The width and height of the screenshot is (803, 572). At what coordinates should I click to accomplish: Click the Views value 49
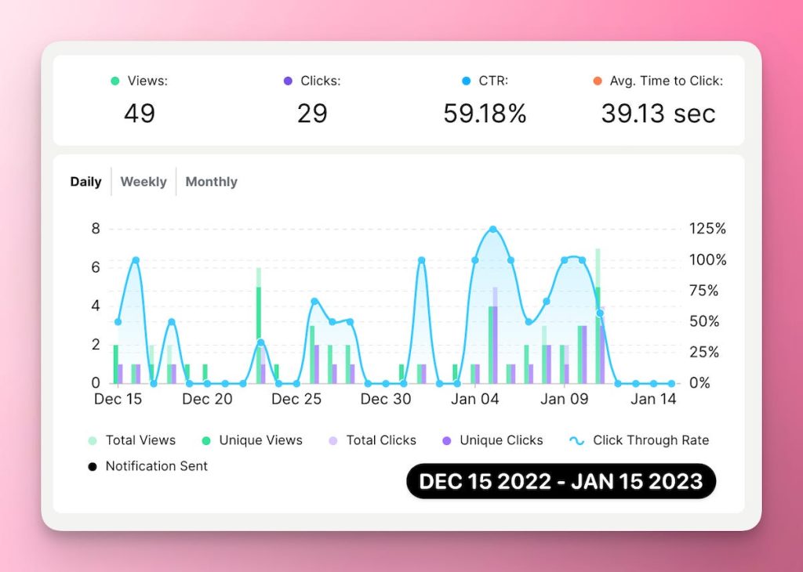click(x=140, y=114)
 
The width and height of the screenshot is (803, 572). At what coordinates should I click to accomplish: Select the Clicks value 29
click(x=312, y=114)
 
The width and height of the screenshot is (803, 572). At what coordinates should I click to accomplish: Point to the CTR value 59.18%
click(x=485, y=114)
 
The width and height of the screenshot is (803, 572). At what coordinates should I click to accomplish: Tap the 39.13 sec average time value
click(x=658, y=114)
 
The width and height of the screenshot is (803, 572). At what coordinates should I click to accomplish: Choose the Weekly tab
click(x=144, y=182)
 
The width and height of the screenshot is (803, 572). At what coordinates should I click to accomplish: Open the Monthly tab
click(x=211, y=182)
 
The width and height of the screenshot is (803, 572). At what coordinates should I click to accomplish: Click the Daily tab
click(x=85, y=182)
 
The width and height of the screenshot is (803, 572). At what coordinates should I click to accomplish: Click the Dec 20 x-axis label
click(x=207, y=399)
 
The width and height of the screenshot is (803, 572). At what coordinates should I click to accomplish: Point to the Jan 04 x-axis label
click(x=475, y=399)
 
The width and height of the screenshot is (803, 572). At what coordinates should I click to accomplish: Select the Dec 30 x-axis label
click(x=386, y=399)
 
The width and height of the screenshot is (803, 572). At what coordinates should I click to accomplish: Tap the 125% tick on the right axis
click(x=707, y=229)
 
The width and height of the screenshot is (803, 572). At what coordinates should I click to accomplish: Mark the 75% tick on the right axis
click(x=703, y=291)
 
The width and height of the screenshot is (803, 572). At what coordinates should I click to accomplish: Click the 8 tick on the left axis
click(x=96, y=229)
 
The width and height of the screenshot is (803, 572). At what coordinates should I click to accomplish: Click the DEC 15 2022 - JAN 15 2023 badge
click(x=561, y=481)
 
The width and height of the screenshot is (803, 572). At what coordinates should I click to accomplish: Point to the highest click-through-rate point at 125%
click(x=493, y=230)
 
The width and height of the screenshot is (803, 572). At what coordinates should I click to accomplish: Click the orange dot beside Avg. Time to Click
click(x=598, y=81)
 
